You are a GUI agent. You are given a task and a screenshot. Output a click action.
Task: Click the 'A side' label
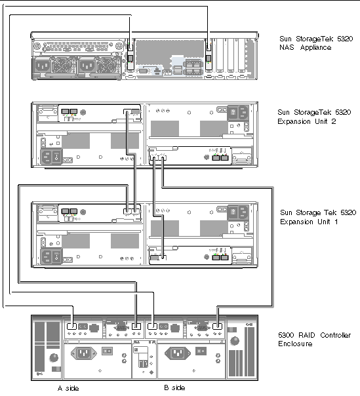coord(68,388)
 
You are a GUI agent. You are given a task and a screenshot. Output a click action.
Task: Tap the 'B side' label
coord(174,387)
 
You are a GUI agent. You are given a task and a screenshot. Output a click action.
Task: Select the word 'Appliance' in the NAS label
coord(315,47)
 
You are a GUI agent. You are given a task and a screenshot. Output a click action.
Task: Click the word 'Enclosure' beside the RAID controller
coord(295,344)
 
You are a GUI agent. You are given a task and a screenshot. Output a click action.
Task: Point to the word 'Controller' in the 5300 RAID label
coord(336,335)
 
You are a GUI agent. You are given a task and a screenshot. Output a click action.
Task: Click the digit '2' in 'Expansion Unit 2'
coord(334,121)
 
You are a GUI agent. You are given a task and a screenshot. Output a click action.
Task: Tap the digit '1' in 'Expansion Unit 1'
coord(336,222)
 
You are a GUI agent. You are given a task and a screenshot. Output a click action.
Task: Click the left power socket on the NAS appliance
coord(42,66)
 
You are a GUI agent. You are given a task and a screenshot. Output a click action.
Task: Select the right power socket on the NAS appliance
coord(87,66)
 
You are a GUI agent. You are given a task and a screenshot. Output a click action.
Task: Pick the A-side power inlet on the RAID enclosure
coord(84,353)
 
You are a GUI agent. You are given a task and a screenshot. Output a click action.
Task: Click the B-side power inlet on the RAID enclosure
coord(178,353)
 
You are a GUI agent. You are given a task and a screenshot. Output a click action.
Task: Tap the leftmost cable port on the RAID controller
coord(71,326)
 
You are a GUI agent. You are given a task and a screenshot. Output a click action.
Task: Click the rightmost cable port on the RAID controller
coord(217,326)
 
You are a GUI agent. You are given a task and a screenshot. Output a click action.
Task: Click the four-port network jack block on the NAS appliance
coord(193,67)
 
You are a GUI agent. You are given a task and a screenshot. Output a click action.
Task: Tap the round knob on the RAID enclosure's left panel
coord(54,357)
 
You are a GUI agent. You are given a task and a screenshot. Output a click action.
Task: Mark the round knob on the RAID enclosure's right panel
coord(235,341)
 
